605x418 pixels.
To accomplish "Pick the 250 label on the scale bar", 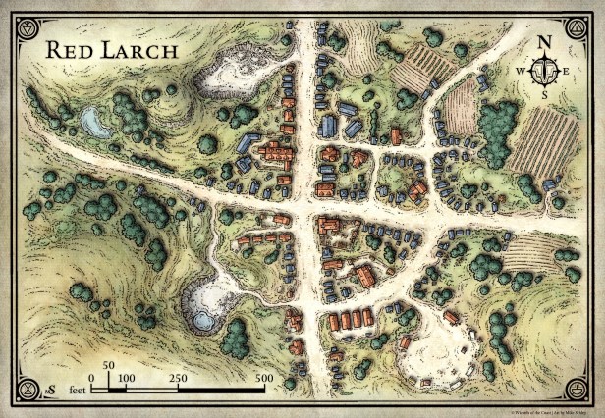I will (x=178, y=378).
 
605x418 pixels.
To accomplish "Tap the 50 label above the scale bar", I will (x=109, y=364).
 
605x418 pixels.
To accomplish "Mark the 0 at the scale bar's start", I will (x=91, y=378).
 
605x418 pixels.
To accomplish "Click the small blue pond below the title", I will (x=95, y=122).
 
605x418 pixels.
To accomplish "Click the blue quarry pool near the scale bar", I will (x=203, y=320).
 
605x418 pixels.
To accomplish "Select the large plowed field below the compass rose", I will (x=537, y=142).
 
